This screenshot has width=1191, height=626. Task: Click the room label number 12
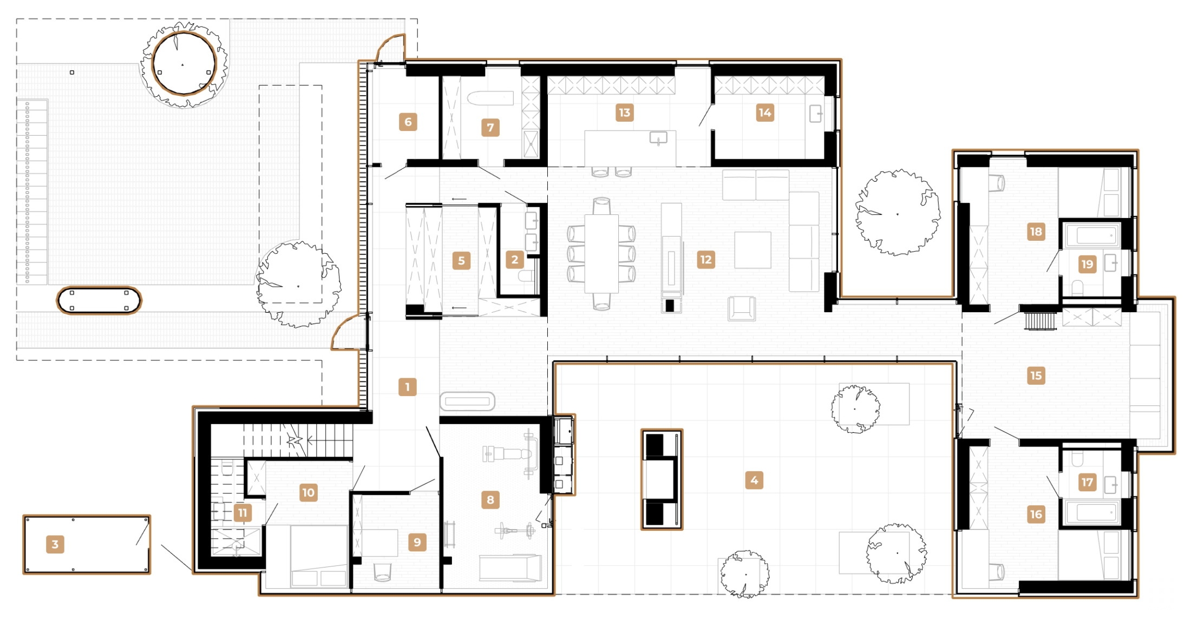[x=705, y=260]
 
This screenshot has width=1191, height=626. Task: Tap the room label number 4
[x=754, y=480]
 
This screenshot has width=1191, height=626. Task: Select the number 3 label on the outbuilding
[x=55, y=544]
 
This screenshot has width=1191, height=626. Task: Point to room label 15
[x=1036, y=375]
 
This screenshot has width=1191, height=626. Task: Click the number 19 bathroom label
[x=1087, y=264]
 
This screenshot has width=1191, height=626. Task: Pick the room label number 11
[x=243, y=513]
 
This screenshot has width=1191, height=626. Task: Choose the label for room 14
[x=764, y=113]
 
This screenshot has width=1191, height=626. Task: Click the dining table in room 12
[x=601, y=253]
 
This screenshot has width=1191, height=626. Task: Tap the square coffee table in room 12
[x=752, y=250]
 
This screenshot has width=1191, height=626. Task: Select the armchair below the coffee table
[x=741, y=308]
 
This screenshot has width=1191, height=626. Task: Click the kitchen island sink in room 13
[x=658, y=139]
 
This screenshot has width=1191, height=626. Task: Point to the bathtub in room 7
[x=490, y=98]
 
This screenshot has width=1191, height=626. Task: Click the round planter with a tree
[x=184, y=64]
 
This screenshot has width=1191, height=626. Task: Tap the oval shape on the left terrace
[x=99, y=300]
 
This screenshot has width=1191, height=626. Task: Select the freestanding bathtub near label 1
[x=467, y=401]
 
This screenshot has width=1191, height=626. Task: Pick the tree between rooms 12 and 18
[x=897, y=213]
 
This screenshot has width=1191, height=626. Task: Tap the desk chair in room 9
[x=382, y=571]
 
